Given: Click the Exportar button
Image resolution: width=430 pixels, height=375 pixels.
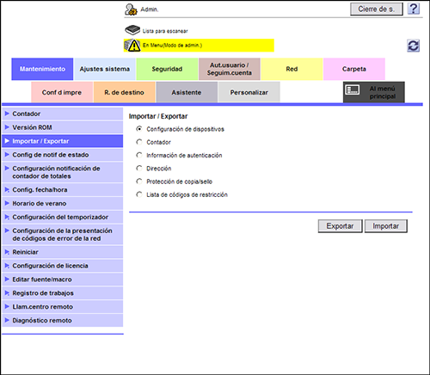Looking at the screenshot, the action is coord(340,226).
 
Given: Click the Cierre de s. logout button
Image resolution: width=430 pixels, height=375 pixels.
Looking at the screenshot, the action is coord(377,9).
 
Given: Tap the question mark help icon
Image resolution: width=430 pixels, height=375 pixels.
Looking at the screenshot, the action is coord(414,9).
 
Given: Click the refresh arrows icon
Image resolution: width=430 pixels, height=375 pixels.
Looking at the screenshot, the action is coord(414,46).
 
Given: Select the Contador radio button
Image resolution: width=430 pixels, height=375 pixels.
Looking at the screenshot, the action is coord(139,142).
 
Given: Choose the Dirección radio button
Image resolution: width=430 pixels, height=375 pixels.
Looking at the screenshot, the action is coord(139,169).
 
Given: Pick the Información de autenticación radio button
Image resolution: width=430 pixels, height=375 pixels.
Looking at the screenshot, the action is coord(139,155).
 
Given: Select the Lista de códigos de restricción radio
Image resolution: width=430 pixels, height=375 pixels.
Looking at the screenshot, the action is coord(139,194).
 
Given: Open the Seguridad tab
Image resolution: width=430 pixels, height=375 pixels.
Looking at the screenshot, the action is coord(167,69).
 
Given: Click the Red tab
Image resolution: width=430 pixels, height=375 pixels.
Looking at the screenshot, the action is coord(292,69).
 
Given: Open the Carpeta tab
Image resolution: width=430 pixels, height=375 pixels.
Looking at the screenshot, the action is coord(354,69).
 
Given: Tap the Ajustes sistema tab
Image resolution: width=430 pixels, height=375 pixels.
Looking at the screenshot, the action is coord(105,69).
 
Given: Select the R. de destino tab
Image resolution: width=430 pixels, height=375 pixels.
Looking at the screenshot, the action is coord(124,92).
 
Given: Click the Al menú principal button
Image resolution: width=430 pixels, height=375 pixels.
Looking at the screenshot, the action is coord(374,92).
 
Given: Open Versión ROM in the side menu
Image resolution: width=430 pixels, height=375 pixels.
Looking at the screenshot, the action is coord(63,127).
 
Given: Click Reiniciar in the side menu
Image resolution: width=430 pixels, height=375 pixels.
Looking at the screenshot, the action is coord(63,252).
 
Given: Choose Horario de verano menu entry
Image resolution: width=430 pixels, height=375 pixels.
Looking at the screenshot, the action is coord(63,203).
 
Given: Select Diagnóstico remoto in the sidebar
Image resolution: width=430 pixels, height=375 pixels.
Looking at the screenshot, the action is coord(63,320).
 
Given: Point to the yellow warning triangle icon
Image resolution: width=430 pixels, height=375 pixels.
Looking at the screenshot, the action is coord(134,46).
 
